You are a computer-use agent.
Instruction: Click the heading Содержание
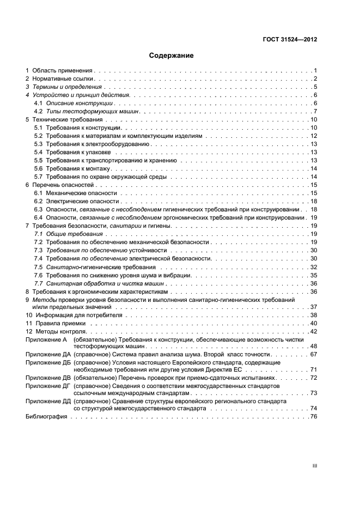coord(171,56)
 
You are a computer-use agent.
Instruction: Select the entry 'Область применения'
coord(63,71)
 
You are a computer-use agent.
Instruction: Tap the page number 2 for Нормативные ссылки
coord(315,79)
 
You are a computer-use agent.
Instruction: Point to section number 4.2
coord(38,111)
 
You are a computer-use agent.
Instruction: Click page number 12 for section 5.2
coord(314,136)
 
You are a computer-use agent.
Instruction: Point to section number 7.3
coord(38,250)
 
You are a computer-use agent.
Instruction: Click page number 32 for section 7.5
coord(314,267)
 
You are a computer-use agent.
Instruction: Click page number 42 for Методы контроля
coord(314,331)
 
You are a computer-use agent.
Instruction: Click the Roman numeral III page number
coord(314,466)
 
